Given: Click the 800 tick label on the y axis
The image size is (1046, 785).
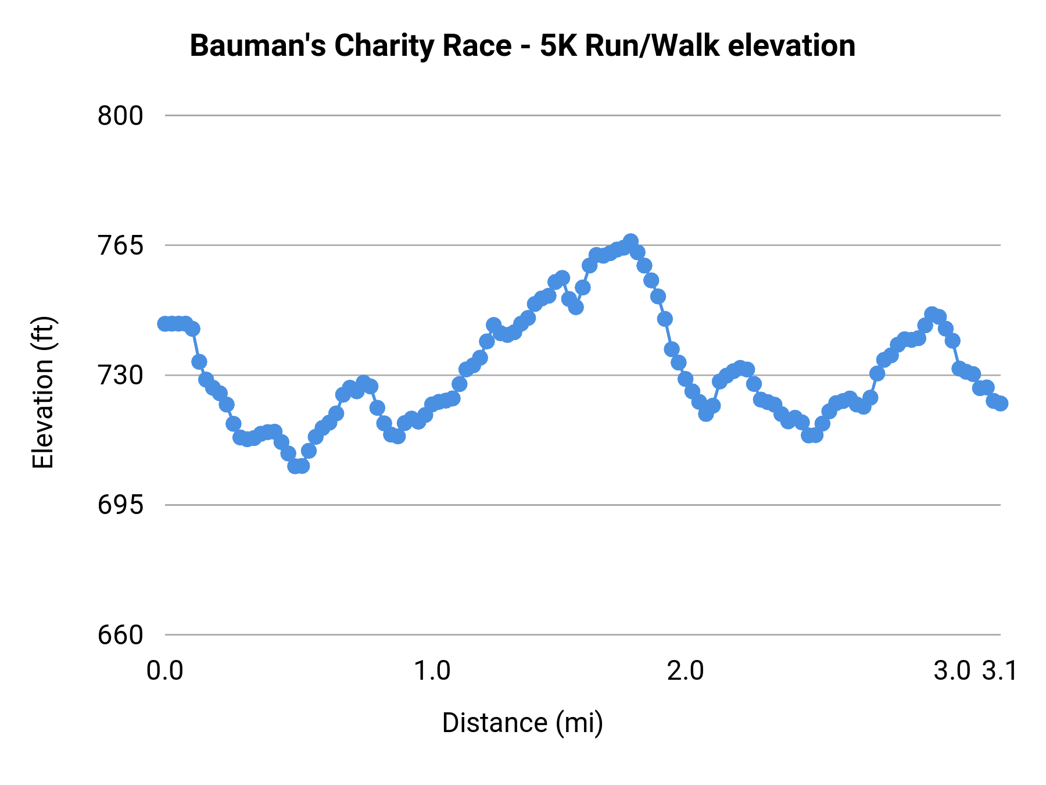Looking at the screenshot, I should [x=120, y=116].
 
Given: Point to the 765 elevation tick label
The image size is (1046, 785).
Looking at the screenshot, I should [x=120, y=245].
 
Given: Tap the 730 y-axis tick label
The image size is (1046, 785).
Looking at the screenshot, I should [x=120, y=375].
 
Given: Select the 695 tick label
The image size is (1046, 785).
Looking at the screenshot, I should [x=120, y=505].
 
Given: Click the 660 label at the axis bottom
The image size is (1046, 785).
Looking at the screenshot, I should [x=120, y=634].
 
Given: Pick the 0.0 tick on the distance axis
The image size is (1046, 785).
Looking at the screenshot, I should [x=164, y=670].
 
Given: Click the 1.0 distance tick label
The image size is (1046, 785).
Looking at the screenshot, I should [x=432, y=670].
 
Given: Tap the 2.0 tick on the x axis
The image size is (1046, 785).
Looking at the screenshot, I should [x=685, y=670].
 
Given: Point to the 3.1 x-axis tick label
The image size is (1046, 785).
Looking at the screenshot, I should [x=1000, y=670].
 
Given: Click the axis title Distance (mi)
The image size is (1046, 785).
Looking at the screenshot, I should [x=522, y=723].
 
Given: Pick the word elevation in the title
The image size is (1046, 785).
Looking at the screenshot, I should [x=791, y=46].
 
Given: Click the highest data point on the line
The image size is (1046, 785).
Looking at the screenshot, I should [x=631, y=241].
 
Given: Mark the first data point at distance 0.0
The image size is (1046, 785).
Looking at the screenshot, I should [x=165, y=323].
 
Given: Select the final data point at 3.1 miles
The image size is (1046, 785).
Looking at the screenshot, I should [x=1000, y=403].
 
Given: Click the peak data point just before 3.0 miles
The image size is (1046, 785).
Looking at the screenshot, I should [x=932, y=314].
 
